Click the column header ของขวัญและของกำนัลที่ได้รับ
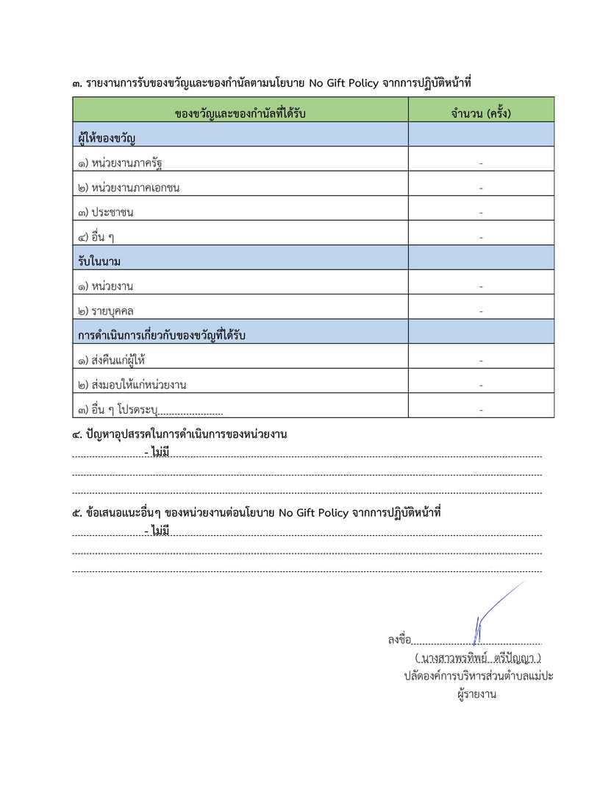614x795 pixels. tap(240, 114)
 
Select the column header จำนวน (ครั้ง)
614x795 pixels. tap(481, 114)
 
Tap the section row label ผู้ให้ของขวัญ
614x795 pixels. tap(107, 138)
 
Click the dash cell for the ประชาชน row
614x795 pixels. tap(481, 213)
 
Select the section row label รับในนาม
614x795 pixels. tap(99, 261)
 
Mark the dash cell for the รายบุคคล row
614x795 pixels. tap(481, 311)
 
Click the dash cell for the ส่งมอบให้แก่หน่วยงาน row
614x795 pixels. tap(481, 385)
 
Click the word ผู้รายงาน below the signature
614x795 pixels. tap(476, 693)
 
